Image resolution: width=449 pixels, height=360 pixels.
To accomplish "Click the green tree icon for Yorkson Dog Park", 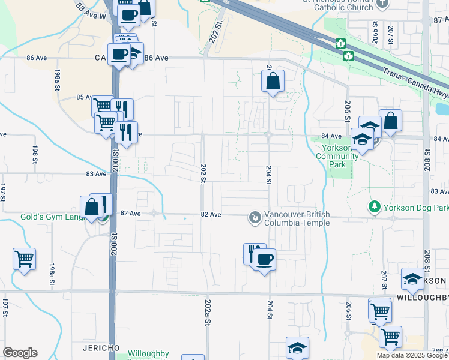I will pyautogui.click(x=375, y=207).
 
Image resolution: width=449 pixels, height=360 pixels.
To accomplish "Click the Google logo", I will pyautogui.click(x=20, y=353).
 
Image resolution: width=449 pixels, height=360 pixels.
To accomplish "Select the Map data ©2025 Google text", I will pyautogui.click(x=412, y=355).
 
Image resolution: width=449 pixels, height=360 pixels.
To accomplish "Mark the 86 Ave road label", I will pyautogui.click(x=156, y=58).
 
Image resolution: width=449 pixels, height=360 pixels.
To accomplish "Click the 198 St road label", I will pyautogui.click(x=34, y=154).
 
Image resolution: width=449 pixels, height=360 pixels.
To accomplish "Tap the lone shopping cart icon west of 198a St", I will pyautogui.click(x=25, y=259).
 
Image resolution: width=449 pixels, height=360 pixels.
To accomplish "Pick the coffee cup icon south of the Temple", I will pyautogui.click(x=264, y=259).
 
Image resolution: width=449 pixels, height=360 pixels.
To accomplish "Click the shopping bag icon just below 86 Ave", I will pyautogui.click(x=273, y=81).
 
